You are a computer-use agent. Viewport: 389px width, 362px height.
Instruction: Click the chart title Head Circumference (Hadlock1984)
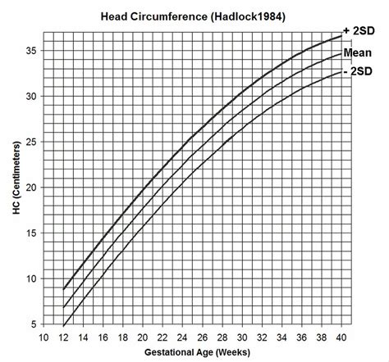pyautogui.click(x=193, y=14)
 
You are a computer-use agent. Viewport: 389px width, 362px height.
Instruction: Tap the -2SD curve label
pyautogui.click(x=362, y=72)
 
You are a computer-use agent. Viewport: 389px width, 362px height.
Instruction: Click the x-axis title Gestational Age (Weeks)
pyautogui.click(x=192, y=353)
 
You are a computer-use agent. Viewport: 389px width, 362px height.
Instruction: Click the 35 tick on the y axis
pyautogui.click(x=30, y=50)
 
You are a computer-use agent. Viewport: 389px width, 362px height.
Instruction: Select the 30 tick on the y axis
pyautogui.click(x=30, y=96)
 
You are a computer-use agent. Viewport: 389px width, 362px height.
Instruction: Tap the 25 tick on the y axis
pyautogui.click(x=30, y=142)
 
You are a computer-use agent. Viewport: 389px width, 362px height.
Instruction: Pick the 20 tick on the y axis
pyautogui.click(x=30, y=188)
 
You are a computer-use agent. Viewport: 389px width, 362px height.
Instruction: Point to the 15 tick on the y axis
pyautogui.click(x=30, y=233)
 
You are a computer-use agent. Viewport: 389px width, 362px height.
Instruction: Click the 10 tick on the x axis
pyautogui.click(x=44, y=337)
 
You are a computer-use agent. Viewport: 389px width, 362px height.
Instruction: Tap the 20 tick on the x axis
pyautogui.click(x=143, y=337)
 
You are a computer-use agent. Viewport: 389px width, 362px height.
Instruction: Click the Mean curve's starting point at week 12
pyautogui.click(x=64, y=308)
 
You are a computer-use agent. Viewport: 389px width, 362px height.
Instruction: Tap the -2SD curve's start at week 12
pyautogui.click(x=64, y=326)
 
